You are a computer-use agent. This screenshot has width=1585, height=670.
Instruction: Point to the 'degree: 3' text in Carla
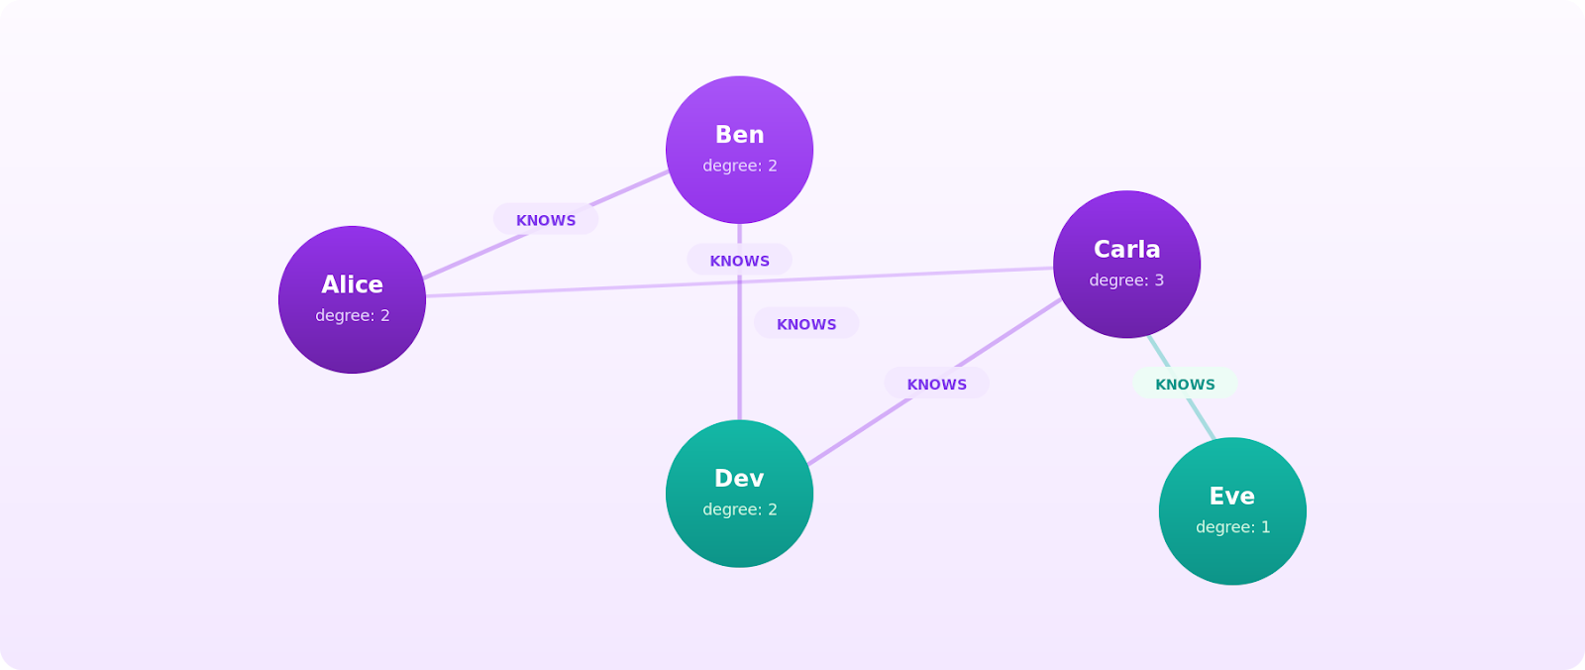click(1126, 280)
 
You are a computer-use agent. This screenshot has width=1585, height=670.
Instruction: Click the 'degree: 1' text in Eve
click(1232, 527)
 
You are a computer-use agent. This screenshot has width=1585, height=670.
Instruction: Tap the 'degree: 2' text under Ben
click(739, 166)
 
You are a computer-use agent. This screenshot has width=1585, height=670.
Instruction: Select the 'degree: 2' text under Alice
click(352, 315)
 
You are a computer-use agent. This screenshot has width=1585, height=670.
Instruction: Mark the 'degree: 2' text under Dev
click(739, 509)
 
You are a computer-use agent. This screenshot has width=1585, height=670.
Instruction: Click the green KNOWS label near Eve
click(1185, 385)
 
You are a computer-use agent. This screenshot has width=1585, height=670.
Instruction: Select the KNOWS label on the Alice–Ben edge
click(546, 220)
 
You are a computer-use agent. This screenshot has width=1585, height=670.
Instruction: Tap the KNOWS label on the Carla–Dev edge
click(936, 385)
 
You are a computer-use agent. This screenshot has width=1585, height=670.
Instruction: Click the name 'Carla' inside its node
click(1126, 249)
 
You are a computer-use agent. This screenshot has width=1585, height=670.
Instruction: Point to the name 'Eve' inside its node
click(1232, 496)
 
